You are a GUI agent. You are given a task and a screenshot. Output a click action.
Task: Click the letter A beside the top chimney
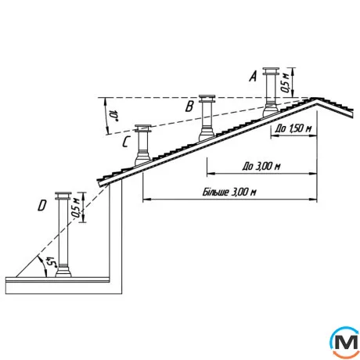[x=253, y=76]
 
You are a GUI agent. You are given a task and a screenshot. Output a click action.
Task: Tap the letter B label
[x=189, y=106]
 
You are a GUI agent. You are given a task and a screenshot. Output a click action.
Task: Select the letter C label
[x=126, y=142]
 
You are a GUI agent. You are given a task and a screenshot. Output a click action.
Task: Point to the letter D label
[x=42, y=206]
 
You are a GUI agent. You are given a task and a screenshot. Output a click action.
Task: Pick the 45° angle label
[x=51, y=262]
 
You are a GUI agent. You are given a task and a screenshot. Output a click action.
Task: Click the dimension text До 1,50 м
[x=293, y=128]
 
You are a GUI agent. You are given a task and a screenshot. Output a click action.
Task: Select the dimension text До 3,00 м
[x=261, y=166]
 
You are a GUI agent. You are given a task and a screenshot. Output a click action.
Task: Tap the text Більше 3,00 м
[x=229, y=193]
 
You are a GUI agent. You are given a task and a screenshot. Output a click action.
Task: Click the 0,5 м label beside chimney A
[x=285, y=82]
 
